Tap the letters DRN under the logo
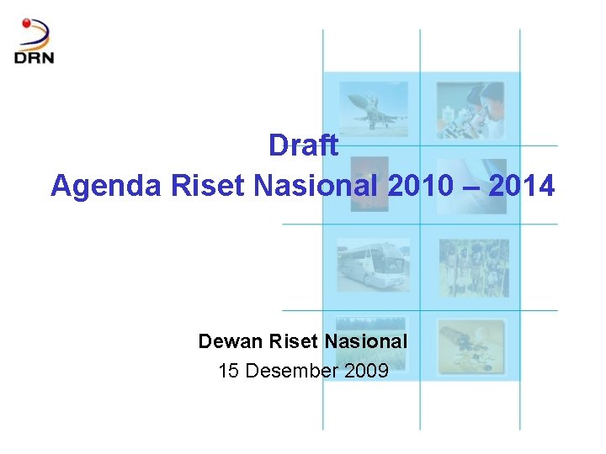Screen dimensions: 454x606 34,57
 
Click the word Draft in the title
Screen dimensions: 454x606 303,145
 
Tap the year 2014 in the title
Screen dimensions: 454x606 521,186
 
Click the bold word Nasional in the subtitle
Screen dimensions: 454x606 366,341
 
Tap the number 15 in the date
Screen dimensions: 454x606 229,370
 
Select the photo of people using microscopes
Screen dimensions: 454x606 470,109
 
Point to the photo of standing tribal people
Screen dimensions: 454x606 473,267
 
